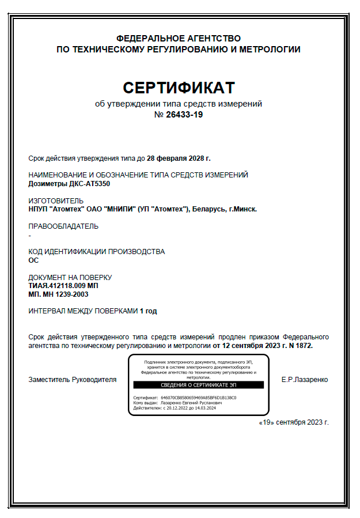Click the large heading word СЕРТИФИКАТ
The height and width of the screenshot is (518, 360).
tap(179, 88)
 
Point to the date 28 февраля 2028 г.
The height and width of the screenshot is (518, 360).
tap(179, 157)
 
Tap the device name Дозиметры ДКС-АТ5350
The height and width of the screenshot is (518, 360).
tap(69, 184)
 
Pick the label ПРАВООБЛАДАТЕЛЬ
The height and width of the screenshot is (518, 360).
tap(63, 226)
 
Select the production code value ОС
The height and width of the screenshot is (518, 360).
tap(33, 260)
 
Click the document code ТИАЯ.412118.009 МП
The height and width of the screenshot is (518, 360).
tap(63, 285)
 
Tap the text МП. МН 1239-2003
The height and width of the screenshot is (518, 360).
tap(58, 294)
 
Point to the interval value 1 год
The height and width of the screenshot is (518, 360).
tap(148, 311)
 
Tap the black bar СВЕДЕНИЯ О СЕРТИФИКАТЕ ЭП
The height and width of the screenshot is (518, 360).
tap(198, 384)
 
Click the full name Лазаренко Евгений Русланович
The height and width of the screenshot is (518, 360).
tap(190, 403)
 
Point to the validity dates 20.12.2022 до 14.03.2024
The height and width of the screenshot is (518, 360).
tap(194, 407)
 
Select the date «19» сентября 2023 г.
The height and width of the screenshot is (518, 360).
tap(294, 422)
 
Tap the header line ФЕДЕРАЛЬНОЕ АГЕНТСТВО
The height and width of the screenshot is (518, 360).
tap(179, 38)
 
